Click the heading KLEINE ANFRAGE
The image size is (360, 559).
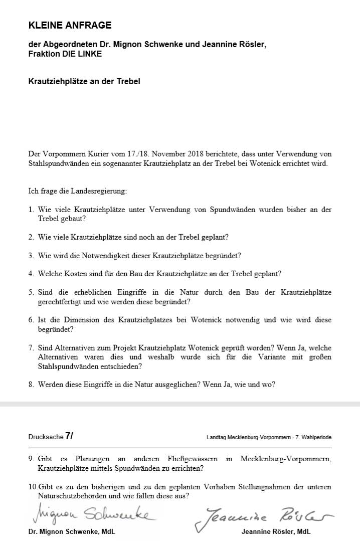[x=70, y=25]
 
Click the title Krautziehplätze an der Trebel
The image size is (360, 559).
[x=84, y=81]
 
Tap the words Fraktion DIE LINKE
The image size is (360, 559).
[x=65, y=54]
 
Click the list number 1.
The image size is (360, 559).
[x=31, y=210]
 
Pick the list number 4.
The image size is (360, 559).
[x=31, y=274]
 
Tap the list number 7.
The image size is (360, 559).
[x=31, y=348]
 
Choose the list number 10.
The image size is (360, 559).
[x=33, y=487]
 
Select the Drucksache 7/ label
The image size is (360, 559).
[x=51, y=437]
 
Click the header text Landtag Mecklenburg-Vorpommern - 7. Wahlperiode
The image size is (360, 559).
[x=269, y=438]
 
